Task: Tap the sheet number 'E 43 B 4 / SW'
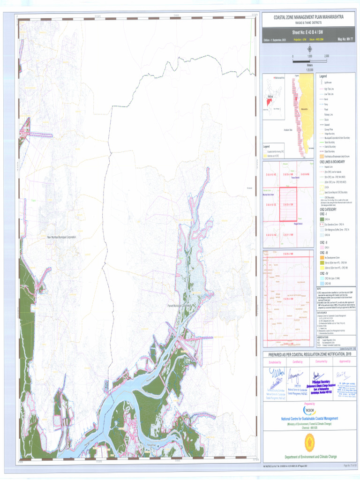(x=308, y=32)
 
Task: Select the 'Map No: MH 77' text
(x=345, y=40)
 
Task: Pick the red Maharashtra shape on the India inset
(x=270, y=101)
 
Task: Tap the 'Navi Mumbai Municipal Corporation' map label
(x=61, y=238)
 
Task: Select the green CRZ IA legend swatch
(x=322, y=219)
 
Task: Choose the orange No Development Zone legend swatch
(x=322, y=257)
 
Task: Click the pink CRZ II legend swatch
(x=322, y=247)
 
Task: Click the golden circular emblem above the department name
(x=309, y=441)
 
